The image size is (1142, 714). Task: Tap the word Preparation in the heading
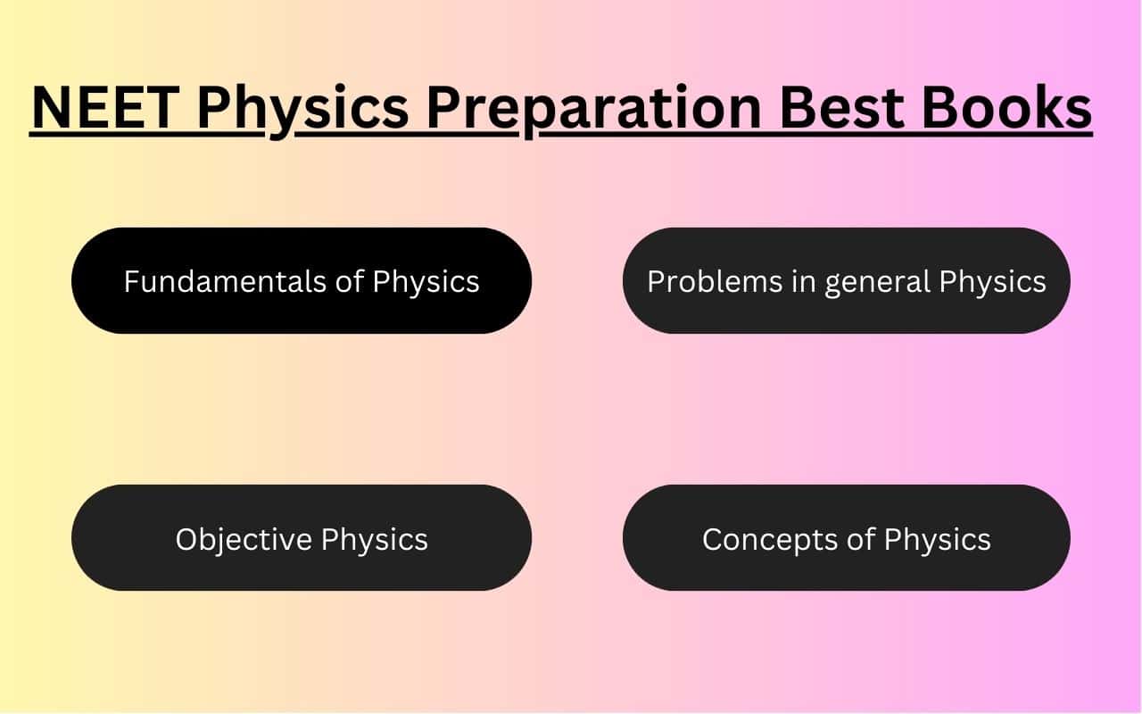tap(592, 109)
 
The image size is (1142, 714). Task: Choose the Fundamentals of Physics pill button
tap(302, 281)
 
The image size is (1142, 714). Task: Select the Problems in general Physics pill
tap(846, 281)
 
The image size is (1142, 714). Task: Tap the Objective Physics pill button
tap(302, 538)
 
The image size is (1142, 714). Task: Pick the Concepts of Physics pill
tap(846, 538)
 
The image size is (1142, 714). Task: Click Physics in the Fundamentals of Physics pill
tap(426, 282)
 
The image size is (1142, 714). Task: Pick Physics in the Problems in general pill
tap(992, 282)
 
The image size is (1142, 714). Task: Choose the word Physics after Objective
tap(375, 539)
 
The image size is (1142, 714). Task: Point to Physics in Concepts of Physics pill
tap(937, 539)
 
